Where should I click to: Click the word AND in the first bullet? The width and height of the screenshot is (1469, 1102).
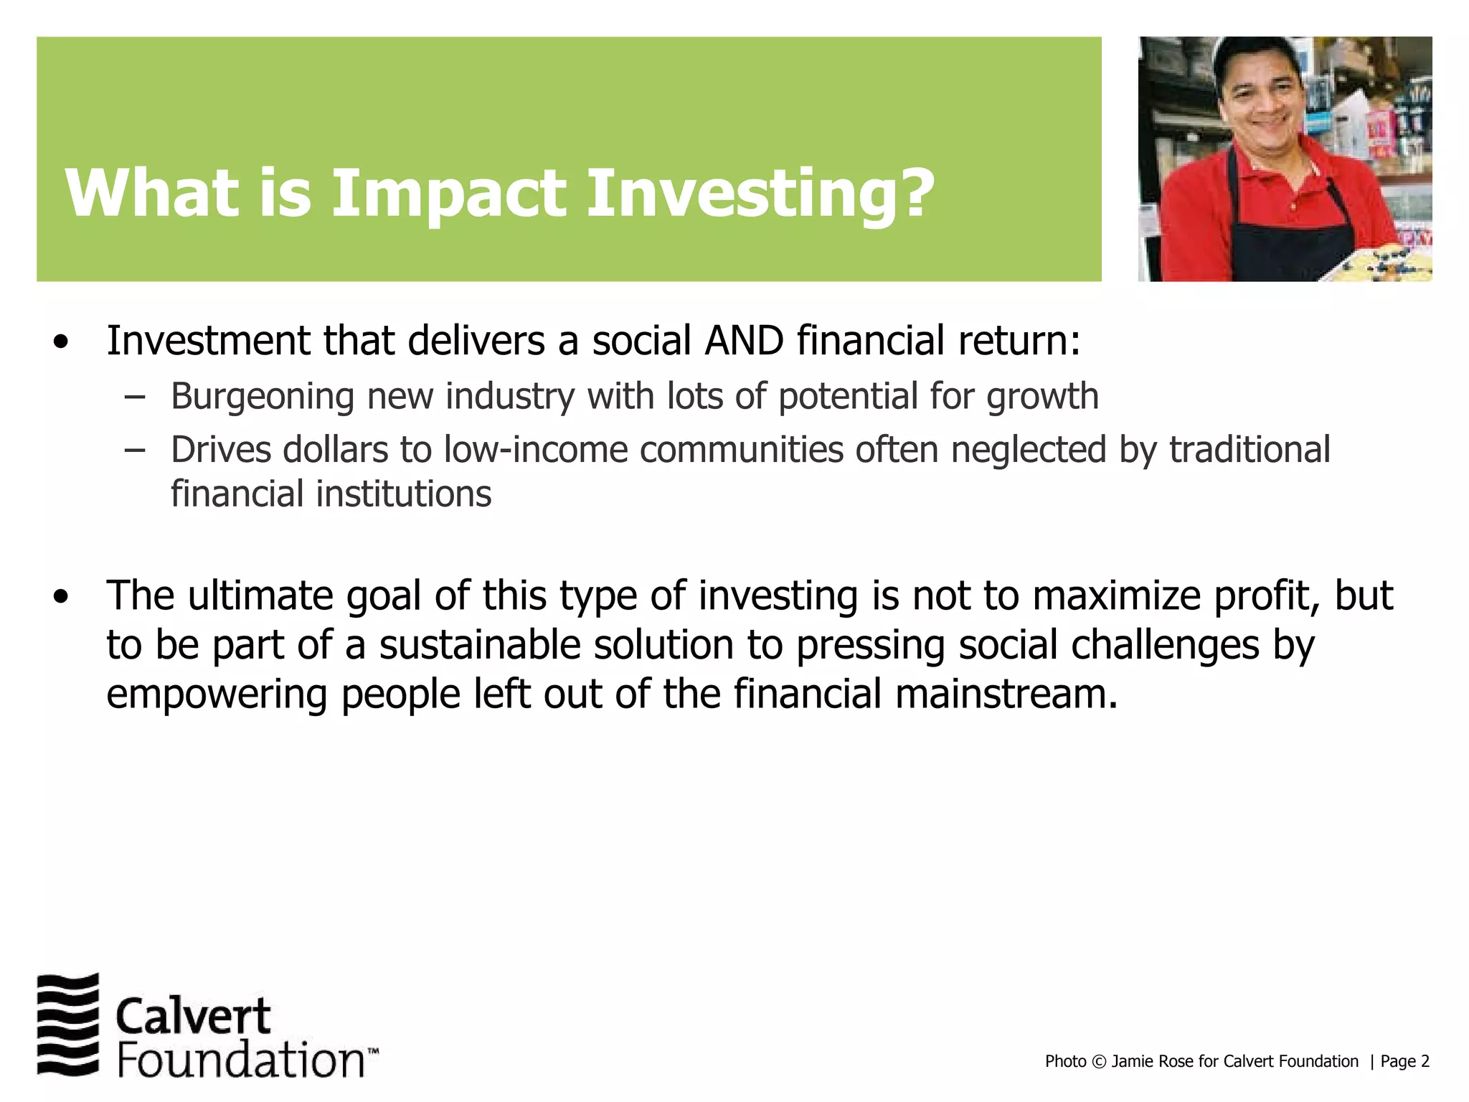click(744, 341)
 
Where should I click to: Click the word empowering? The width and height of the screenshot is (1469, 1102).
click(217, 694)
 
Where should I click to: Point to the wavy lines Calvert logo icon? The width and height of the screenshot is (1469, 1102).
click(67, 1024)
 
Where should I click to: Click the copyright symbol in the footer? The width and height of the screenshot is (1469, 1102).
click(1098, 1062)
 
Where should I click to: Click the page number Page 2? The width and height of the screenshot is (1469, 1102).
click(1404, 1062)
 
